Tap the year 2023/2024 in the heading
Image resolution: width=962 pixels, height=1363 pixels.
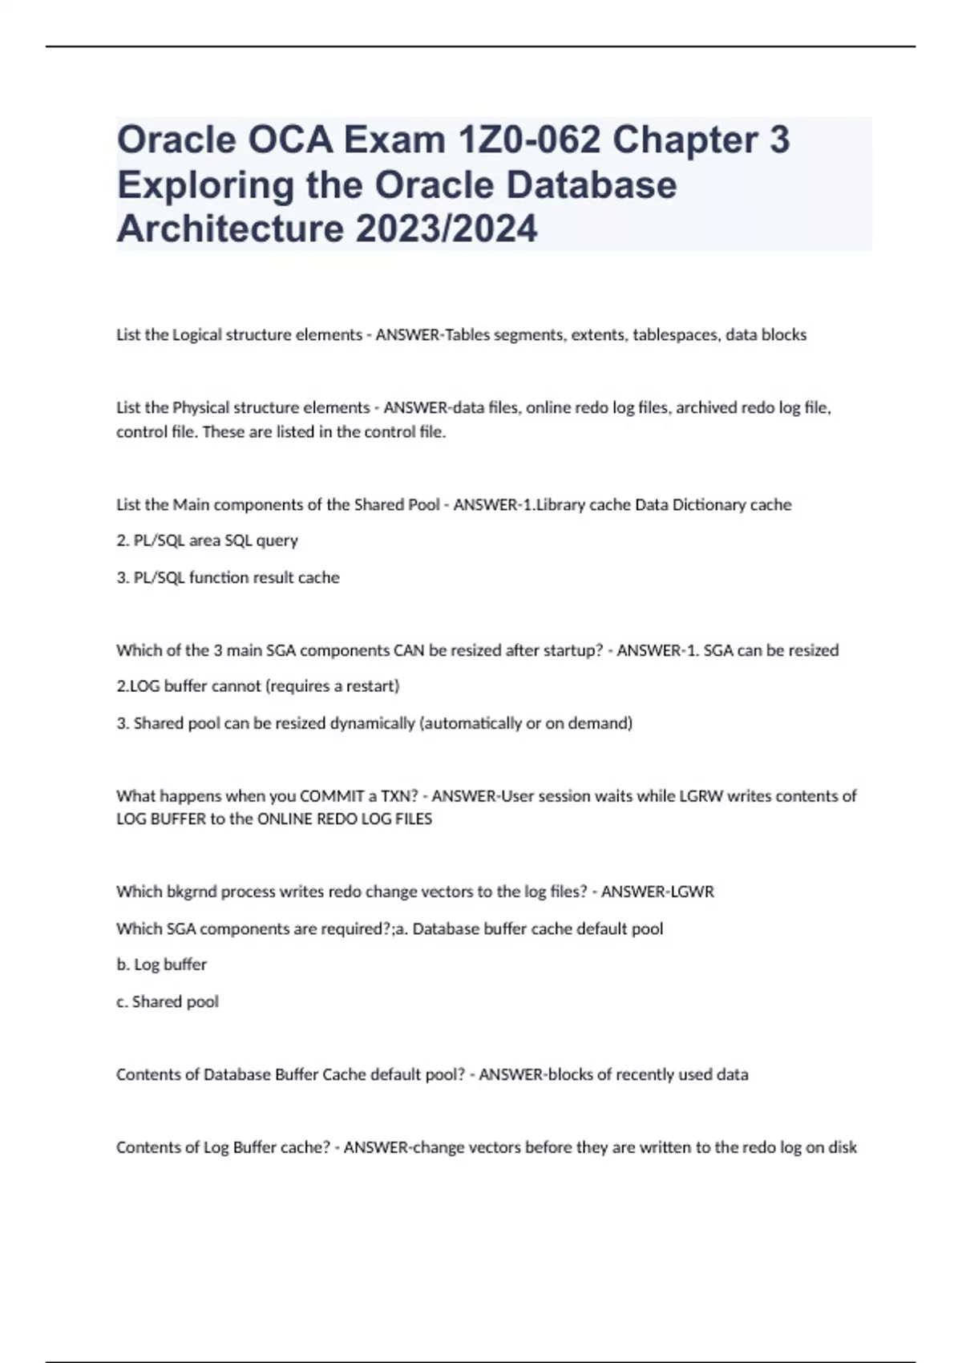point(447,229)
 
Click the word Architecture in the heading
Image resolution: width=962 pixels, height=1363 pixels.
point(230,229)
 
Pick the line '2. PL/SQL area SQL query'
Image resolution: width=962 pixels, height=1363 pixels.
point(207,541)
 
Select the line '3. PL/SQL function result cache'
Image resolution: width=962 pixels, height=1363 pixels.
point(228,578)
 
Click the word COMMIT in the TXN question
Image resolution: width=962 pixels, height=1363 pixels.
point(332,796)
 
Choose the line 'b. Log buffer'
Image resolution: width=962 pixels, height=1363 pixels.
point(161,965)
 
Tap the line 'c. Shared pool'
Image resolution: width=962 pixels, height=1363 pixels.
point(167,1001)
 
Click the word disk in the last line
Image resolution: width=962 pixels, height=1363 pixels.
point(843,1147)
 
